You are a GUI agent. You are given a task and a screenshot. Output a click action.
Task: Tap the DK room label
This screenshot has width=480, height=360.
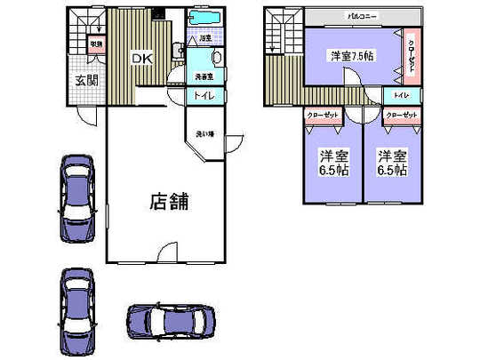(x=144, y=59)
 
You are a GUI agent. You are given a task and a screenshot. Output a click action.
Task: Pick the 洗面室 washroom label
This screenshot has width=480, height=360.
(x=204, y=76)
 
